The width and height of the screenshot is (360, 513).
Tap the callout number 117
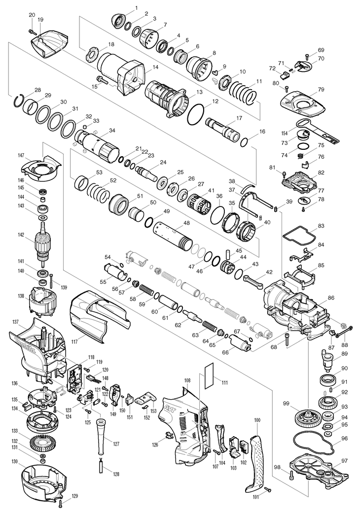tap(74, 342)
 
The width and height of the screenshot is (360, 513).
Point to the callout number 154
tap(285, 133)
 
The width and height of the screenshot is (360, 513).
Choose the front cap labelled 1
tap(118, 20)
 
